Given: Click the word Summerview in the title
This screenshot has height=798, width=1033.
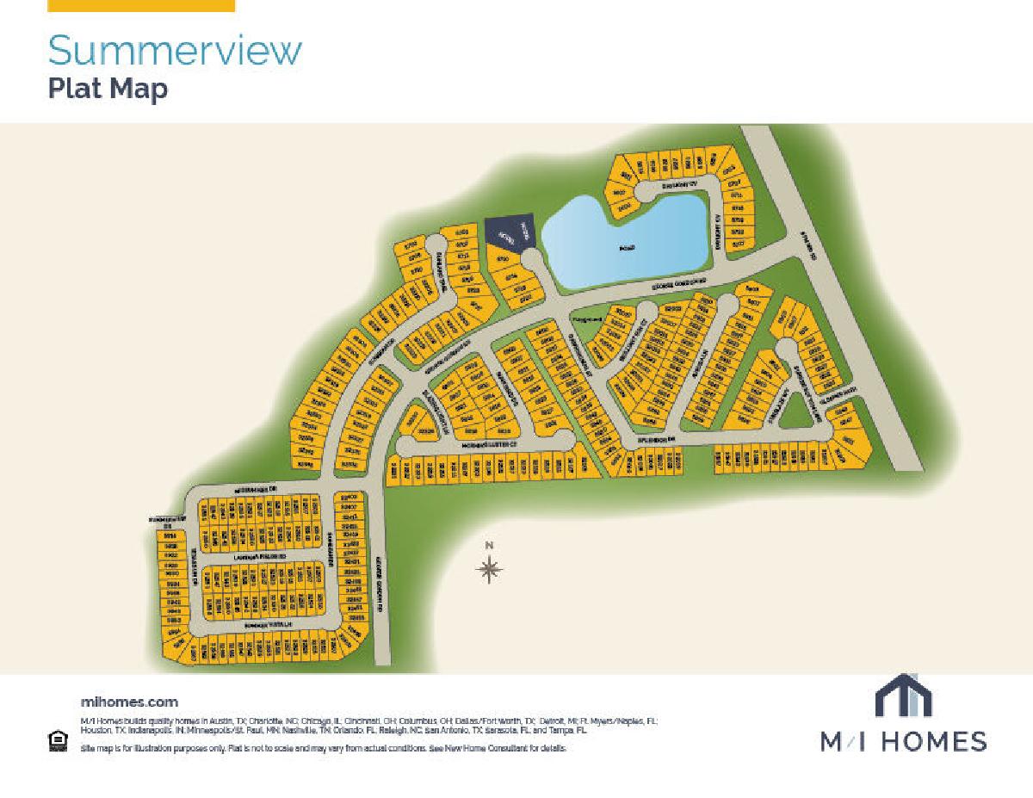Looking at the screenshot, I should click(175, 52).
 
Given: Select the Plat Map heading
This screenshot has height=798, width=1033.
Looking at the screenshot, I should click(108, 90).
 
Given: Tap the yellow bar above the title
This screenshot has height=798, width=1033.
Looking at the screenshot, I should click(141, 5).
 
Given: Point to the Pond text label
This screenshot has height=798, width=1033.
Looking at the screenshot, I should click(627, 248).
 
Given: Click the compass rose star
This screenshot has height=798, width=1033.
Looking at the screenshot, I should click(489, 568).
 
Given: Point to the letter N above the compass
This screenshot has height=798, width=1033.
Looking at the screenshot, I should click(489, 546).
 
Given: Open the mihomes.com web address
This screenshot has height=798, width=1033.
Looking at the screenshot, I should click(129, 702).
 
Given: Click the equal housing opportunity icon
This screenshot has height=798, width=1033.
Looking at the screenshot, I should click(58, 740).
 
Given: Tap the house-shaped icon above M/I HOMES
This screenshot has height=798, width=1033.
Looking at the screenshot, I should click(903, 696).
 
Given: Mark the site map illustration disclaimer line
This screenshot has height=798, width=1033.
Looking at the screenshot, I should click(324, 749).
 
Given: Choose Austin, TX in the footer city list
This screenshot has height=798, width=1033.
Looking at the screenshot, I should click(219, 721).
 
